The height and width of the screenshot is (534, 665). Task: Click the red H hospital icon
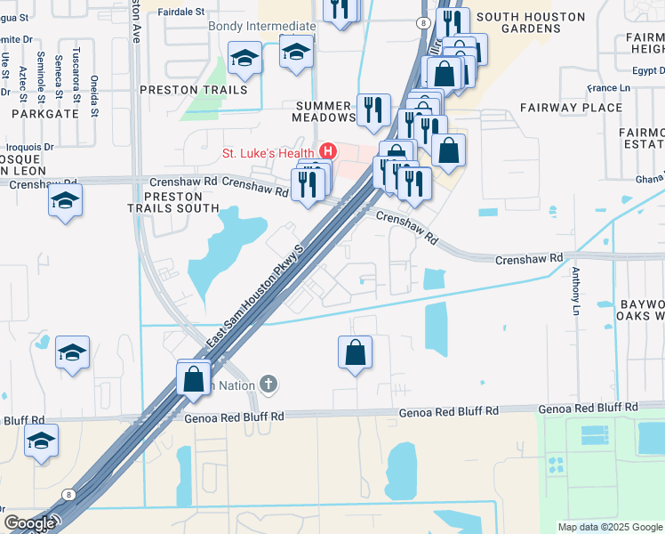[328, 151]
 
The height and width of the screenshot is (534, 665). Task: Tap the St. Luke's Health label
[269, 152]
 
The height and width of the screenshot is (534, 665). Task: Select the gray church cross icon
[268, 384]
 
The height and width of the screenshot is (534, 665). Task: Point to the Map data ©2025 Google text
[609, 527]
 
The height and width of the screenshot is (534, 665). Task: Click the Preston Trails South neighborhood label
[180, 202]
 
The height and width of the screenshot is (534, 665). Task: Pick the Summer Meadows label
[325, 111]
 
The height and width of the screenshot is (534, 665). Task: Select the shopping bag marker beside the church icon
[194, 378]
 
